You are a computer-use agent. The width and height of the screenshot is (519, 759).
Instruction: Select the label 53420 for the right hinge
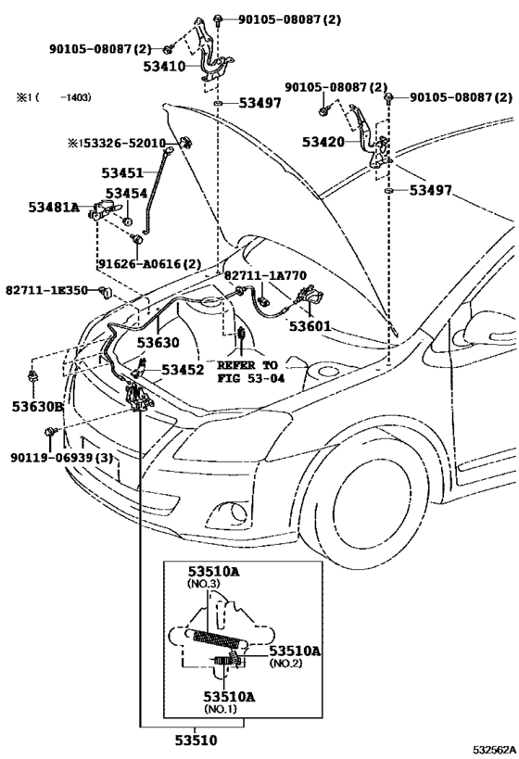[323, 142]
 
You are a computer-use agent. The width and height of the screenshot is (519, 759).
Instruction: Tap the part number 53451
[123, 171]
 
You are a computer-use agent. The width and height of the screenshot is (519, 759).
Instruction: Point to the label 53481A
[52, 208]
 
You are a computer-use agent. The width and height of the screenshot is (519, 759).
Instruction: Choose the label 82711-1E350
[46, 290]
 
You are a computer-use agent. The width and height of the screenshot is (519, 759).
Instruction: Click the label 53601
[310, 325]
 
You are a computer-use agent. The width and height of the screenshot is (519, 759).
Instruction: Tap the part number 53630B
[38, 405]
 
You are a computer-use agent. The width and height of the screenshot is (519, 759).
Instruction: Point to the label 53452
[183, 369]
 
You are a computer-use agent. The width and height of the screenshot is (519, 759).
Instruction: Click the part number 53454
[126, 193]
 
